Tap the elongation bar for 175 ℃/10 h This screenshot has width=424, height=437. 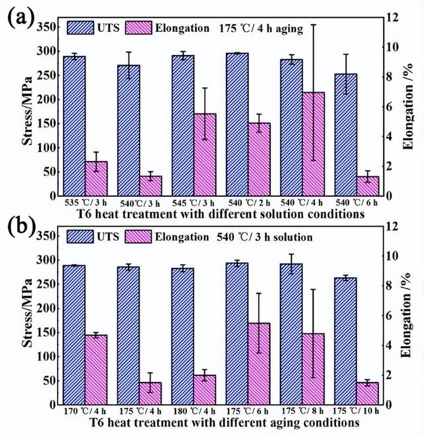(x=367, y=393)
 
